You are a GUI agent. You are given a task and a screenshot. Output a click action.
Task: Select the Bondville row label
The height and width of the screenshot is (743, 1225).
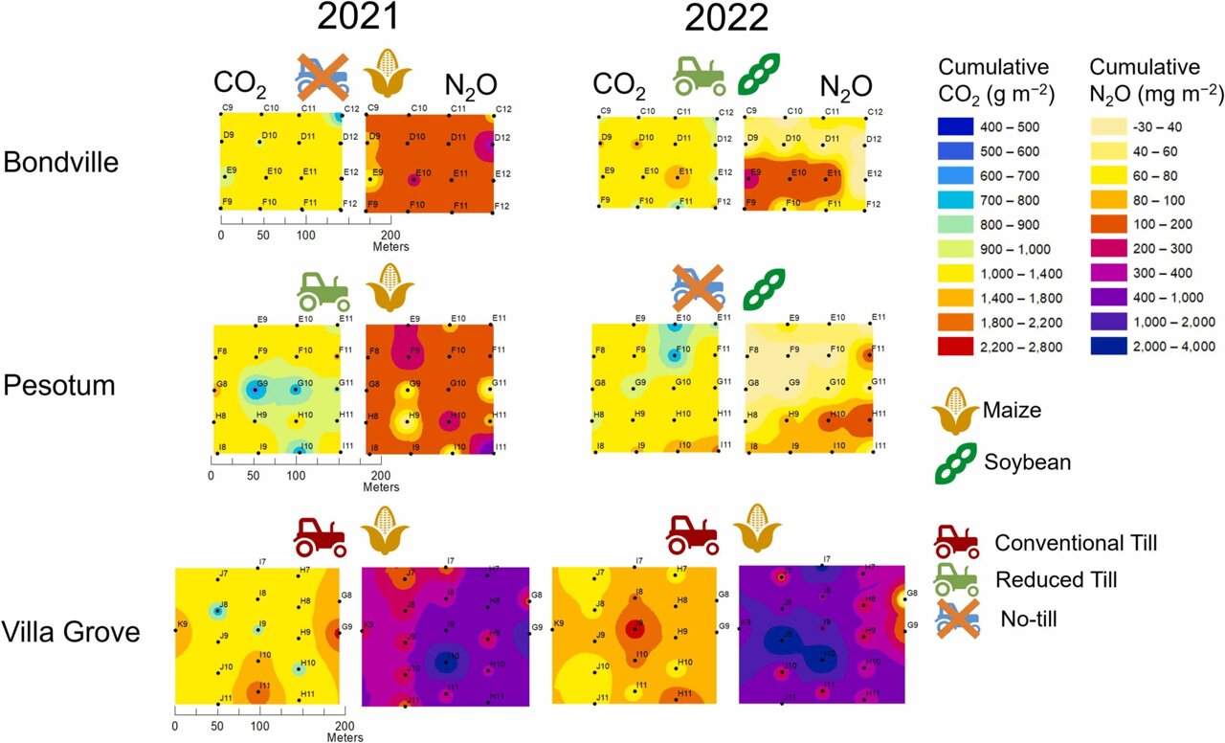click(61, 163)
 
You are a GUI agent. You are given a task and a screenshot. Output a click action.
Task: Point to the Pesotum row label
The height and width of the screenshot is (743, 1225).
click(60, 385)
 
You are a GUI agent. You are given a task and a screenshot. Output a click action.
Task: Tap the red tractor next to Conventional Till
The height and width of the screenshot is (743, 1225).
click(956, 543)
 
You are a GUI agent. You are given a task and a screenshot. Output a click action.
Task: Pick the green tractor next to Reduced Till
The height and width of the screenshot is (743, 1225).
click(956, 578)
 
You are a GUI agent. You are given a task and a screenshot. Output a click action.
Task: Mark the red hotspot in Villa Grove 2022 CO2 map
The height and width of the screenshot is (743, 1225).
click(634, 629)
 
